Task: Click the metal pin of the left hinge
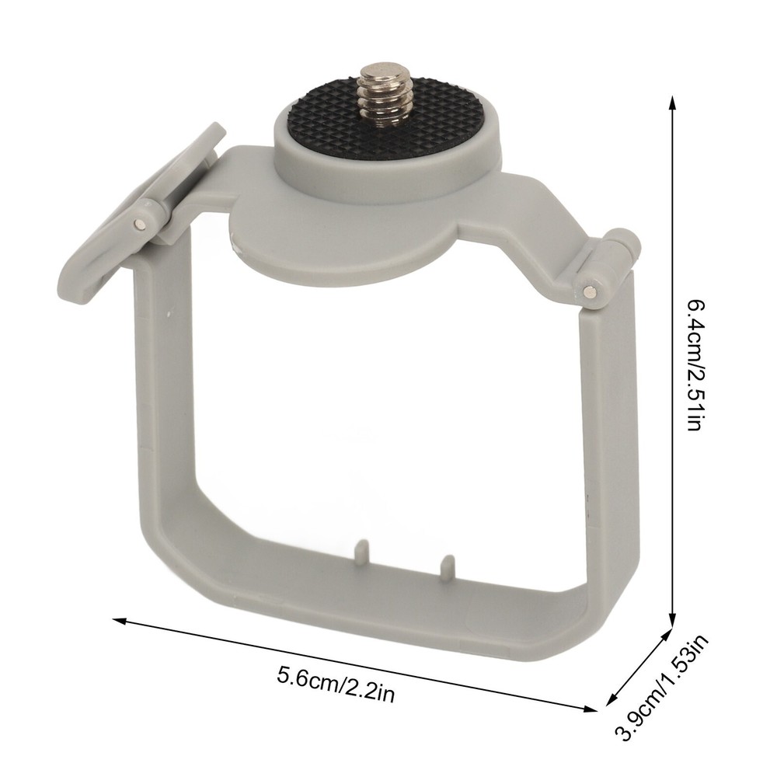[146, 225]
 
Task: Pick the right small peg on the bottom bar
[446, 566]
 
